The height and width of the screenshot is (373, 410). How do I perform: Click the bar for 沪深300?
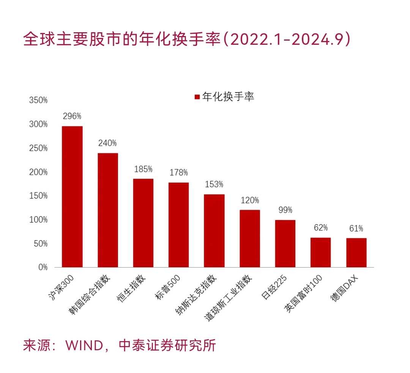pos(72,197)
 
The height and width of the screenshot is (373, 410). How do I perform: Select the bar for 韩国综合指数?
pos(108,210)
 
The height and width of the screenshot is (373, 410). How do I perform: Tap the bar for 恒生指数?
pos(143,223)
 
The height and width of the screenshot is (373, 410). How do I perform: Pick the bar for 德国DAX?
pos(356,252)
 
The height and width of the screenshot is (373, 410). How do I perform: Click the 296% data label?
pos(72,116)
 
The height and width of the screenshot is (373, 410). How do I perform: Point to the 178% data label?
pos(178,173)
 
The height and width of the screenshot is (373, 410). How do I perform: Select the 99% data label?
pos(285,210)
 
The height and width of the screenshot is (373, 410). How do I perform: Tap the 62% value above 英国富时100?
pos(320,228)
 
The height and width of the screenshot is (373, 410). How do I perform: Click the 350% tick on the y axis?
pos(38,101)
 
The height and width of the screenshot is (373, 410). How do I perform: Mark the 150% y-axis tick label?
pos(38,196)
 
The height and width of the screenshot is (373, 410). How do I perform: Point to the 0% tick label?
pos(43,267)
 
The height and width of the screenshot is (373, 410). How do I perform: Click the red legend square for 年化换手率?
pos(197,97)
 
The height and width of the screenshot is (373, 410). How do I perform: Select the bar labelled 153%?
pos(214,231)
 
